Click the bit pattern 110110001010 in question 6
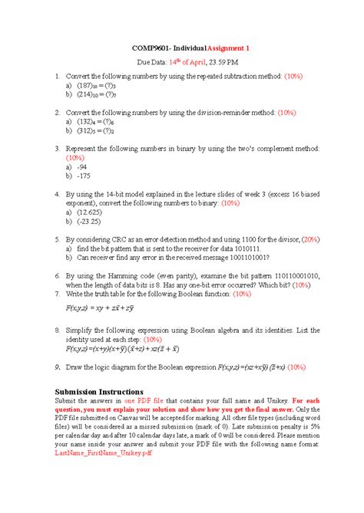tap(294, 275)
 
